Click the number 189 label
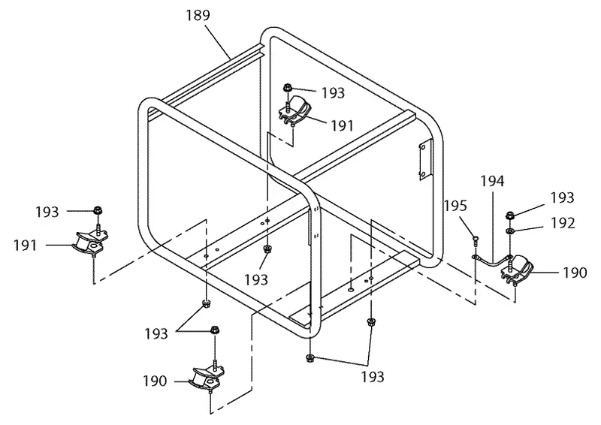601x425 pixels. click(x=198, y=15)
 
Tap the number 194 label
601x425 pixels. click(x=493, y=181)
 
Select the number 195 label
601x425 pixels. click(x=455, y=206)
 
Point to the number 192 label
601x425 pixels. click(x=563, y=223)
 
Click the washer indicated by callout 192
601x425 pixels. click(x=510, y=231)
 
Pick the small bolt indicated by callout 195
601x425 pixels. click(x=476, y=240)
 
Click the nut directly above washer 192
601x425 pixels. click(x=510, y=215)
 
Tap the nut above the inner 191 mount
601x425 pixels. click(x=288, y=88)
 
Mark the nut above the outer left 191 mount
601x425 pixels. click(x=98, y=210)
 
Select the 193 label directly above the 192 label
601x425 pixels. click(x=562, y=197)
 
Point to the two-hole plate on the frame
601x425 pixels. click(x=423, y=161)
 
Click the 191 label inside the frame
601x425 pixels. click(x=342, y=125)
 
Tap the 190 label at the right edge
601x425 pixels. click(x=575, y=273)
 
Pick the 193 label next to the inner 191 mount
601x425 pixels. click(x=333, y=93)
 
